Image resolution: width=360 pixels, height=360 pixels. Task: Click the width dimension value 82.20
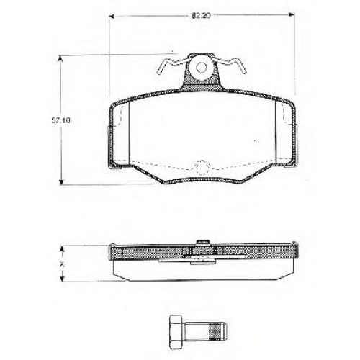(201, 16)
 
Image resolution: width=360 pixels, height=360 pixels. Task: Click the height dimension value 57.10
(61, 120)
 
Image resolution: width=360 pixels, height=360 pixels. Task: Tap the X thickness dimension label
(62, 264)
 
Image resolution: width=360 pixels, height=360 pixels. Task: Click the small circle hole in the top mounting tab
(202, 68)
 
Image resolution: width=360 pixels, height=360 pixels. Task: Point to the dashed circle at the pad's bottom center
(203, 167)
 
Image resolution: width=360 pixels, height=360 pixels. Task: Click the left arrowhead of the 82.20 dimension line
(112, 16)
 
